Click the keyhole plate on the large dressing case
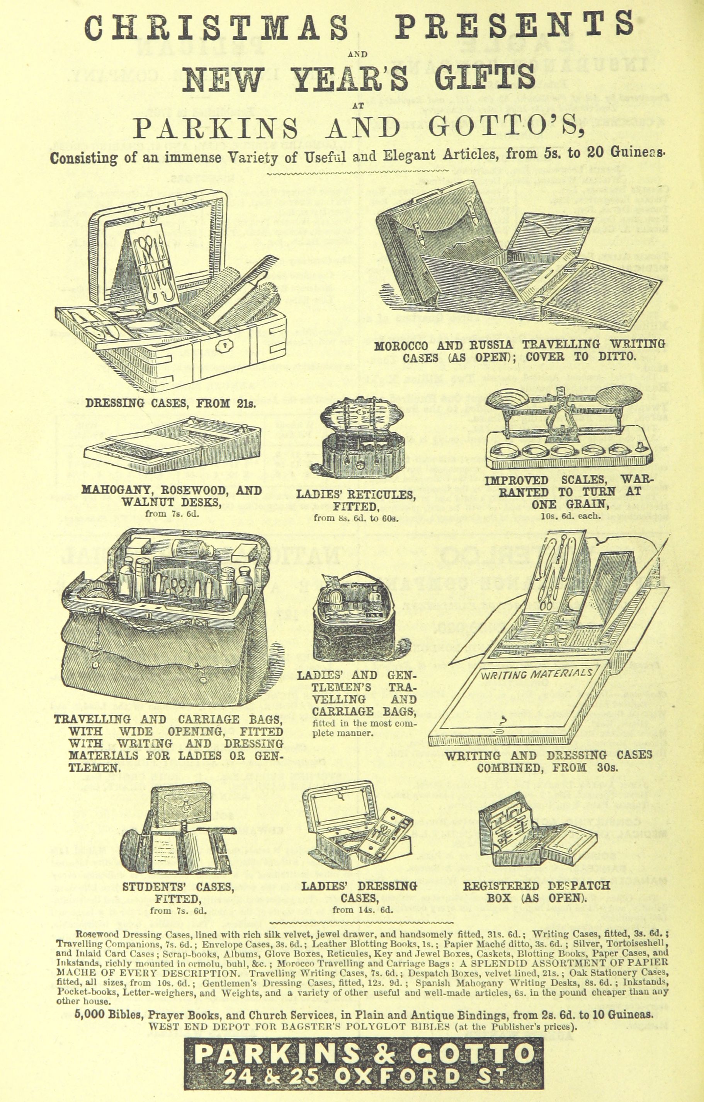225,347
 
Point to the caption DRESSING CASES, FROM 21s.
171,404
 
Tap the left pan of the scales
507,400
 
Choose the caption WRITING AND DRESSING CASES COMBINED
548,761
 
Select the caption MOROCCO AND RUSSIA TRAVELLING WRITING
520,345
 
